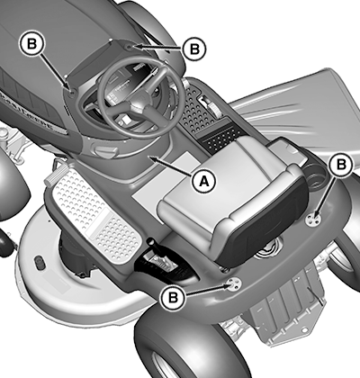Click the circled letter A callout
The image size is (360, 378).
pyautogui.click(x=203, y=181)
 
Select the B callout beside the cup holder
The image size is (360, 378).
pyautogui.click(x=341, y=165)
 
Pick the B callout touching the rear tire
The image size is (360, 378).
pyautogui.click(x=173, y=297)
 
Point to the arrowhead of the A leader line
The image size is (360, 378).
pyautogui.click(x=152, y=157)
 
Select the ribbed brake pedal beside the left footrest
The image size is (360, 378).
pyautogui.click(x=55, y=177)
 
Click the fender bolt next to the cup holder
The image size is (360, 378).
pyautogui.click(x=312, y=218)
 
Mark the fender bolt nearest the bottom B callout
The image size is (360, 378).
pyautogui.click(x=233, y=283)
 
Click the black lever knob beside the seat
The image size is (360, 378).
pyautogui.click(x=150, y=242)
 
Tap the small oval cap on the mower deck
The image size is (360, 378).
pyautogui.click(x=39, y=262)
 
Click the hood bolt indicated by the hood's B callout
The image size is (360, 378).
pyautogui.click(x=71, y=93)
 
